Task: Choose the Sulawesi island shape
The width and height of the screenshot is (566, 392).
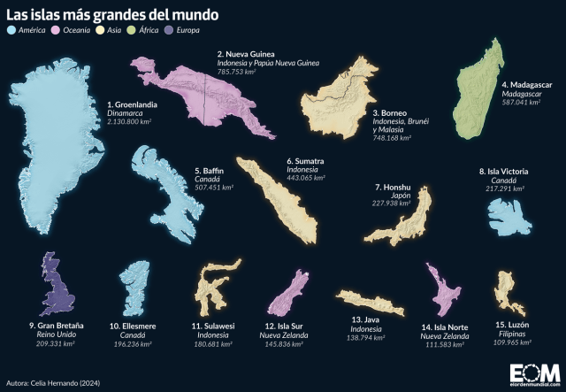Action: click(x=215, y=288)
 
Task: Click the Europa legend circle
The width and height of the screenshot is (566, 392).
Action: click(x=172, y=31)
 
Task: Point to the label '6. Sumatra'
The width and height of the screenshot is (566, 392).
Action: click(x=305, y=162)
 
